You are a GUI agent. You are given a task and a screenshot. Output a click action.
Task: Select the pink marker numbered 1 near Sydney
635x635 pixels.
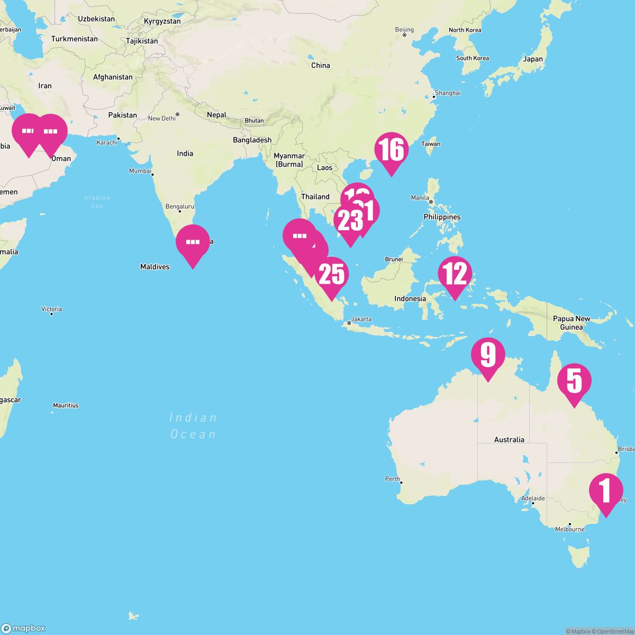(x=606, y=489)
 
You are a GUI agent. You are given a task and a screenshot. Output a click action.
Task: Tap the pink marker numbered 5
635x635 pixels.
(x=575, y=381)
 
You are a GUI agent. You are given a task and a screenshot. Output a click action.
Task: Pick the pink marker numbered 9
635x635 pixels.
(x=488, y=355)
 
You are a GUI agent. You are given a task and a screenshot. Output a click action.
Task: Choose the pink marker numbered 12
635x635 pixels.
(x=455, y=274)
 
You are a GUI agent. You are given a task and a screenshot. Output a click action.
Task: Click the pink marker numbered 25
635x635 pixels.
(x=332, y=274)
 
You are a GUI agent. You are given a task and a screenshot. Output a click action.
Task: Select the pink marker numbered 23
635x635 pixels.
(x=350, y=221)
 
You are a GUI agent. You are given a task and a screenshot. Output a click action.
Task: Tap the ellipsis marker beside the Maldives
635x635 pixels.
(x=193, y=242)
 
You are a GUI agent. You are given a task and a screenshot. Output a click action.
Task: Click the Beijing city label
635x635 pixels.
(x=404, y=30)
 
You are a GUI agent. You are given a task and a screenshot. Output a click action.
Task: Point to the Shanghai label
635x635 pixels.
(x=447, y=93)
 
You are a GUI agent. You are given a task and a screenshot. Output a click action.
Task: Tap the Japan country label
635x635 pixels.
(x=533, y=59)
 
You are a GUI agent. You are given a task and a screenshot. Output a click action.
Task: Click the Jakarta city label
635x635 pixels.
(x=361, y=319)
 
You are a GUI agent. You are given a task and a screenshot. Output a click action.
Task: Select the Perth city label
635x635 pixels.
(x=393, y=479)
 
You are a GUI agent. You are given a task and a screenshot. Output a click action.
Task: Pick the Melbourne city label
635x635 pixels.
(x=569, y=529)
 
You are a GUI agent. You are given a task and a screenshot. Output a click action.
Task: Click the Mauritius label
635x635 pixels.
(x=66, y=405)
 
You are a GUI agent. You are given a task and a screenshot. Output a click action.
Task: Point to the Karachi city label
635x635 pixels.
(x=106, y=143)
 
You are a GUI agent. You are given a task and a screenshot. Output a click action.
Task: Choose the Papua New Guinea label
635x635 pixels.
(x=571, y=323)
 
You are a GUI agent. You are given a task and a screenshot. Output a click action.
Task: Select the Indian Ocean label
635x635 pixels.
(x=193, y=426)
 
